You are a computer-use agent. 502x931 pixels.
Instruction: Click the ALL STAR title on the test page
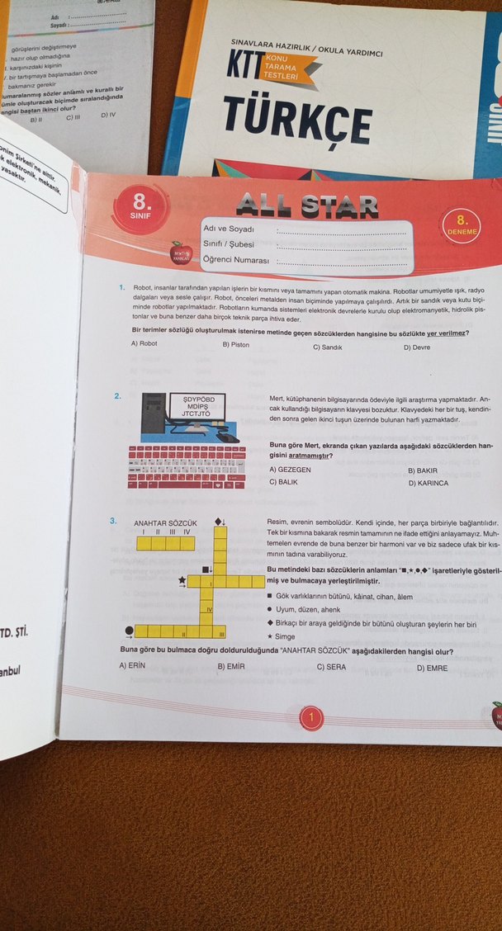point(307,206)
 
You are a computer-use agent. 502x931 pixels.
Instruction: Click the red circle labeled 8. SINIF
point(140,203)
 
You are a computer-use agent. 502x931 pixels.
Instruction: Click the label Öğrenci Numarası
point(236,261)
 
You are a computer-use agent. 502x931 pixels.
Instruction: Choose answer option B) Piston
point(235,344)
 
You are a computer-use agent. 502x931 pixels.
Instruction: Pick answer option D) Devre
point(416,347)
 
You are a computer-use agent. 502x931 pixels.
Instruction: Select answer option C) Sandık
point(327,347)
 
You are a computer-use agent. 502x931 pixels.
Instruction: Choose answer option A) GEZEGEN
point(290,470)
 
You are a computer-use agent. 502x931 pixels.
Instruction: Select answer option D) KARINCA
point(428,483)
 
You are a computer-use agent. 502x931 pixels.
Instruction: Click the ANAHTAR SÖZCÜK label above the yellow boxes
point(165,523)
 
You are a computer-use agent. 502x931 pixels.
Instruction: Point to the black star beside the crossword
point(181,581)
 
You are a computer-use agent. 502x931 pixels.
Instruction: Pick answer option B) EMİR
point(230,666)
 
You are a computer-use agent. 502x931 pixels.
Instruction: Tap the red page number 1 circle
point(311,718)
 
